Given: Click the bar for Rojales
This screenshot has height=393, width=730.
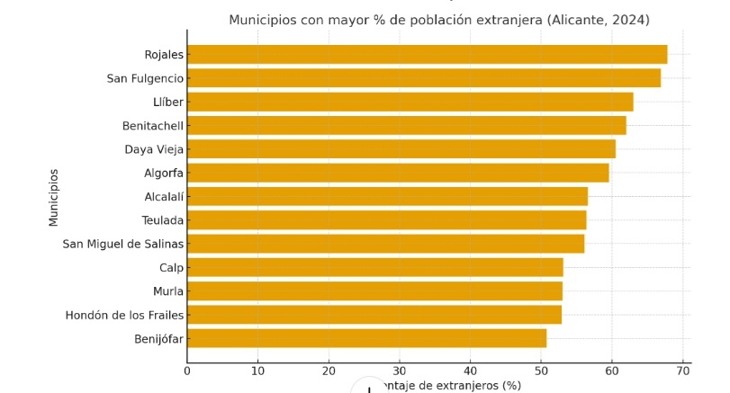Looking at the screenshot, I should coord(427,55).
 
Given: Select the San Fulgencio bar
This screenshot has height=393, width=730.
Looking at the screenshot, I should coord(424,78).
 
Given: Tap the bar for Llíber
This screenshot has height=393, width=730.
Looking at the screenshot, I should coord(410,102).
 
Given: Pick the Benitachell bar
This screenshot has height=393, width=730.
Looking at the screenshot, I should coord(406,126).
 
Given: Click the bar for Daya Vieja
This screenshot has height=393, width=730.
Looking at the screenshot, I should coord(401,149).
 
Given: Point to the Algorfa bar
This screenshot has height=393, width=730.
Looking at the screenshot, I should coord(398,173).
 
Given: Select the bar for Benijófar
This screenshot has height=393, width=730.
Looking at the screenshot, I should coord(366,338).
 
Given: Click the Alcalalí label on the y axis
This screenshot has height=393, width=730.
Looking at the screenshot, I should coord(164,196).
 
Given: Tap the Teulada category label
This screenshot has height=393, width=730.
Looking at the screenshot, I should coord(162,220).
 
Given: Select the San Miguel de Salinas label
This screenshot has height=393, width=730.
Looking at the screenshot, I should coord(122,244).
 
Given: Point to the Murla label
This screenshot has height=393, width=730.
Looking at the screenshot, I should coord(168,291).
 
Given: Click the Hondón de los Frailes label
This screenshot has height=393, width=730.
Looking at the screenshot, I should coord(124,315).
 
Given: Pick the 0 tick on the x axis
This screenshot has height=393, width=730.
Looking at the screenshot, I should coord(187,370).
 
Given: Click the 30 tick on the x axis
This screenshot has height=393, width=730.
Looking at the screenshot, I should coord(400,370).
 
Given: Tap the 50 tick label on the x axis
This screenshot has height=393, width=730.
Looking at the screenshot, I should coord(541,370).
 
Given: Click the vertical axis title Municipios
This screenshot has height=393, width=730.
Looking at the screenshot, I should coord(54,197).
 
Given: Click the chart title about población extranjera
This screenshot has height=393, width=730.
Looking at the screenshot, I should coord(438,20).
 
